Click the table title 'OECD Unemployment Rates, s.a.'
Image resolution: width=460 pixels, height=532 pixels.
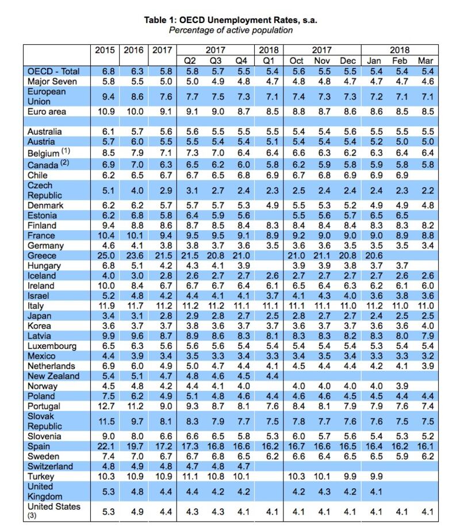coord(248,20)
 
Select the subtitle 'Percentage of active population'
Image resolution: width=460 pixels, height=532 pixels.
coord(231,30)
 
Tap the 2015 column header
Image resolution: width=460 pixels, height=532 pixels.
coord(105,50)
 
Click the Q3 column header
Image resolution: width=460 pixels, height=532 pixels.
coord(216,60)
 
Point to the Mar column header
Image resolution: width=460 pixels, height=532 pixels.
coord(425,60)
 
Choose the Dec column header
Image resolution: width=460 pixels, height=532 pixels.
coord(348,60)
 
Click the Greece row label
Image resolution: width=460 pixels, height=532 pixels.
coord(42,256)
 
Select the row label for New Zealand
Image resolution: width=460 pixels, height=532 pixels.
coord(53,376)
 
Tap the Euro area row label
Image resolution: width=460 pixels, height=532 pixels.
coord(47,112)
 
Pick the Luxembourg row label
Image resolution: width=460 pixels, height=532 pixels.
coord(52,346)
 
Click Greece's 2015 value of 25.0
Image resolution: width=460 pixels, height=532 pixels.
coord(106,256)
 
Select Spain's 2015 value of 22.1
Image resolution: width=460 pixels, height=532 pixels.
coord(106,446)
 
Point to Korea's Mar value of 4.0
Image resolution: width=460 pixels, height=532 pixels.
coord(427,326)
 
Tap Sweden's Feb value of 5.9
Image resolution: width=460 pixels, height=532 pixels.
coord(402,457)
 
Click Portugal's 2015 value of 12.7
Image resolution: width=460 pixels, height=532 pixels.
coord(106,406)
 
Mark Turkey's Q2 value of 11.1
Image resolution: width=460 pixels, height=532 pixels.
coord(190,476)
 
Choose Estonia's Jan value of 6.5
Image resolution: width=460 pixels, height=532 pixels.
coord(376,215)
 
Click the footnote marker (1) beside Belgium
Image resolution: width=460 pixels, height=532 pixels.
coord(66,150)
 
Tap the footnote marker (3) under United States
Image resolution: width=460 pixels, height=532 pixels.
coord(32,516)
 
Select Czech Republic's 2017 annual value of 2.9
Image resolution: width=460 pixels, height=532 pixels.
coord(166,191)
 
